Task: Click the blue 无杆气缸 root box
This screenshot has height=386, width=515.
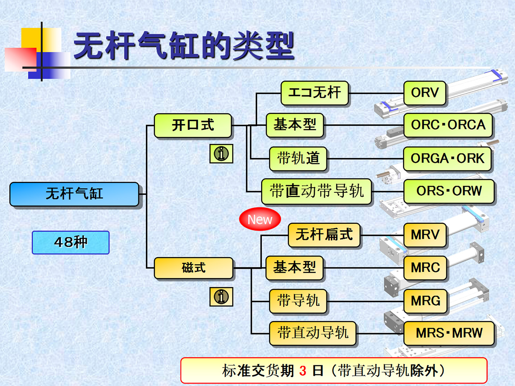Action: (x=74, y=194)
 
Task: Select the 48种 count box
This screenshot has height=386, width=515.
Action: (x=71, y=243)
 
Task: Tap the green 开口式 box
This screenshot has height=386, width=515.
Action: (x=193, y=125)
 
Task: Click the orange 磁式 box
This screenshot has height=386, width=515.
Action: (x=194, y=268)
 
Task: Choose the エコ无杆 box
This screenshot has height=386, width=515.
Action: (x=315, y=93)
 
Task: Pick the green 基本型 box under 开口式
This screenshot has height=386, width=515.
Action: (x=295, y=125)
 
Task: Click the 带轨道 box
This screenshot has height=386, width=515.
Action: (x=298, y=158)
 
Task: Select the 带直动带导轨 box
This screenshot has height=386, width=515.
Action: (x=317, y=191)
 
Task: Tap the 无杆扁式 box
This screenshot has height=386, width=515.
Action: (x=324, y=235)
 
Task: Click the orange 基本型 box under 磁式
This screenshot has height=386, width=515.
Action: (x=294, y=268)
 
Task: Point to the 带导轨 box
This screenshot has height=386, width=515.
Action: (x=298, y=301)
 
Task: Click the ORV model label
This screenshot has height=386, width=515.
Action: (x=425, y=93)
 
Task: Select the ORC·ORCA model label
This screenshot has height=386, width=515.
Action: (x=448, y=125)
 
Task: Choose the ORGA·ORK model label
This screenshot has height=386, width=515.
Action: (x=447, y=158)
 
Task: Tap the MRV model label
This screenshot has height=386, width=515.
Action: (x=425, y=235)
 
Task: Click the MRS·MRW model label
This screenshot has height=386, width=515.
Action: (x=449, y=333)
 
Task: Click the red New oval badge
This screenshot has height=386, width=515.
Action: (x=260, y=219)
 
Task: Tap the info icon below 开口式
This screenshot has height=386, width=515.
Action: (x=221, y=154)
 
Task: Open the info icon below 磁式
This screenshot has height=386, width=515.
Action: (x=221, y=296)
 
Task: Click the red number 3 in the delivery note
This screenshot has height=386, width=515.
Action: (x=303, y=371)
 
